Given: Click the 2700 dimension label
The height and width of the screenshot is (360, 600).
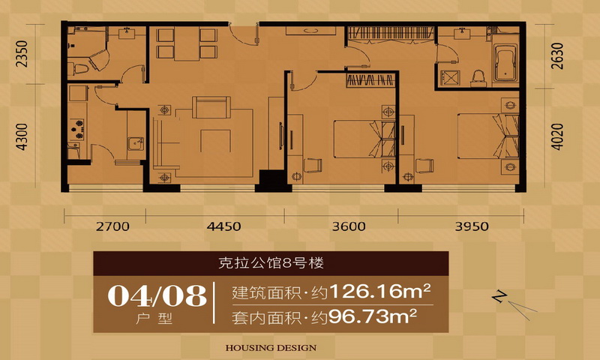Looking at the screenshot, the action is tap(112, 226).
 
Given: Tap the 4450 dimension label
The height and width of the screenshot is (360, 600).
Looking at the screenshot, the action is tap(223, 226).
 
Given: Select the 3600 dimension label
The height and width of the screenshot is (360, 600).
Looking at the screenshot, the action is tap(349, 226).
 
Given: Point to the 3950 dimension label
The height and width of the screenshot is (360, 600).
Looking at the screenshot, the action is tap(472, 226).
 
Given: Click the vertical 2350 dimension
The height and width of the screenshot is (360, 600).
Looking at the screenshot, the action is tap(22, 54).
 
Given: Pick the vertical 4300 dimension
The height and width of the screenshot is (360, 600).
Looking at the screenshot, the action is tap(22, 136).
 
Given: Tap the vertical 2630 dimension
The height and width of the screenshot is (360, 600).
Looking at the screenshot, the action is tap(557, 55).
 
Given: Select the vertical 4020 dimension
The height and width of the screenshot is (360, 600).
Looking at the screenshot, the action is tap(557, 136).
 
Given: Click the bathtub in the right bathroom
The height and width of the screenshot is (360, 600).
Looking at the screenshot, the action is tap(505, 63).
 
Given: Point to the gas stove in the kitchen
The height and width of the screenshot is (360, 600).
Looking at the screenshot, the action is tap(77, 129).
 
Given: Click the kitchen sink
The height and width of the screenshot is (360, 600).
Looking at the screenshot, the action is tap(136, 143).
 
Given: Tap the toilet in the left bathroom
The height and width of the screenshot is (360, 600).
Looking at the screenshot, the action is tap(79, 69).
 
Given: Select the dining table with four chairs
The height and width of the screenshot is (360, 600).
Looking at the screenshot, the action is tap(187, 43).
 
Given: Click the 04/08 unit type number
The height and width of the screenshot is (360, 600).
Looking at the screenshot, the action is tap(157, 295).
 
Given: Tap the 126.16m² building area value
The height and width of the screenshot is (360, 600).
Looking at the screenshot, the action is tap(380, 292).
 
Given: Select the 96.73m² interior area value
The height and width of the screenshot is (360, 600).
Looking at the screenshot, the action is tap(372, 316).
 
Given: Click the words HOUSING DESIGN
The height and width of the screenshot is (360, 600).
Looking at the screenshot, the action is tap(271, 348).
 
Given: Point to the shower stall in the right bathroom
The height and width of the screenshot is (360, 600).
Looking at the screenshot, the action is tap(448, 79).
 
